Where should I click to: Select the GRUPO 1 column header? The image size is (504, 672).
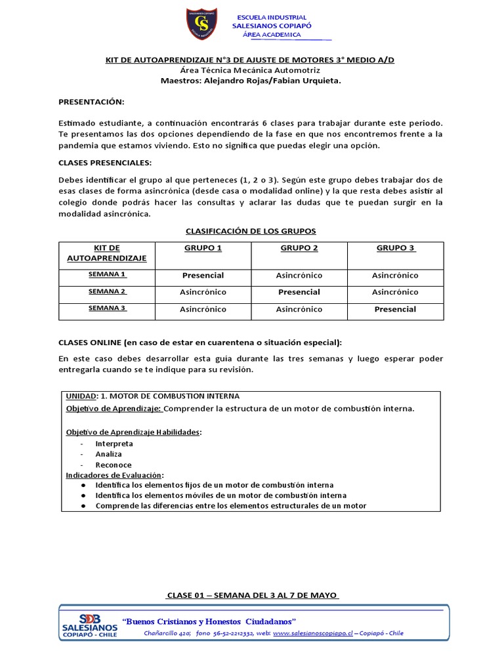(x=203, y=248)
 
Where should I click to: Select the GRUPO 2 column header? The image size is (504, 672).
(x=299, y=248)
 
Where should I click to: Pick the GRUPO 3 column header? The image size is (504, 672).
(x=396, y=248)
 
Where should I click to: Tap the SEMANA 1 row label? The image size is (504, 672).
(x=107, y=274)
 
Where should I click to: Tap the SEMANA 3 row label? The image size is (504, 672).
(x=107, y=308)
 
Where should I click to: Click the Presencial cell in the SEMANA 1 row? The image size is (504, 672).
(x=203, y=276)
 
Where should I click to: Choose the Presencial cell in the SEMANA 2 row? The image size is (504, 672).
(x=299, y=292)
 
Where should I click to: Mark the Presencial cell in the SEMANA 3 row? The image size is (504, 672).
(x=395, y=309)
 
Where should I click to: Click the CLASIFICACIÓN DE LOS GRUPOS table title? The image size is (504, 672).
(x=251, y=231)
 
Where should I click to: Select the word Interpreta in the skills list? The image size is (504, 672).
(x=114, y=444)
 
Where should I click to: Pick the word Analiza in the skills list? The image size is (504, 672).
(x=108, y=454)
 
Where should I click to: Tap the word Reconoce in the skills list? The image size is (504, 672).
(x=113, y=465)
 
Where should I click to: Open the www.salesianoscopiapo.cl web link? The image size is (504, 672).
(x=313, y=633)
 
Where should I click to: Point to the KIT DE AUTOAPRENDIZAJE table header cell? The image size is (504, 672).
(x=107, y=253)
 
